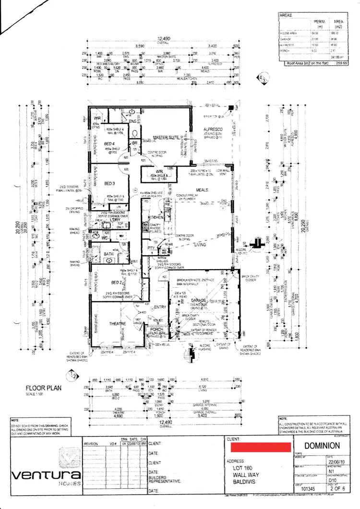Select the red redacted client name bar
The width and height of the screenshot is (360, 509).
(x=261, y=447)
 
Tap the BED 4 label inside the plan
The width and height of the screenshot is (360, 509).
(x=109, y=143)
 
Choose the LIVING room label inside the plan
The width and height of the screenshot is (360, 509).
(x=199, y=245)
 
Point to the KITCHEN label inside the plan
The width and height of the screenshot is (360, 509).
(x=156, y=217)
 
